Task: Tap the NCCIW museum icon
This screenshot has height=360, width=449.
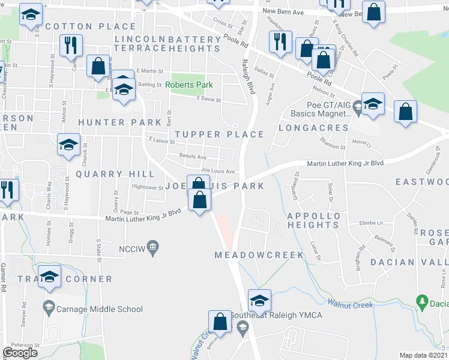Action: pos(154,247)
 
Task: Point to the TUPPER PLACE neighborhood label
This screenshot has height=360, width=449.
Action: pos(219,134)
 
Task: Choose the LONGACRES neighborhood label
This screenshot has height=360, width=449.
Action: pos(313,128)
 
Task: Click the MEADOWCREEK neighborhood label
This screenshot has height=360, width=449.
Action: pos(259,255)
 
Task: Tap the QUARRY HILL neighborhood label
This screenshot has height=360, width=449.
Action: pos(110,174)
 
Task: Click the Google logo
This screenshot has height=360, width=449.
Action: pos(20,353)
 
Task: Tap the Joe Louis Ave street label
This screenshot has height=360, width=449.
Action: pos(218,171)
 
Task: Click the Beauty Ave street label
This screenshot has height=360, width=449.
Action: pos(193,156)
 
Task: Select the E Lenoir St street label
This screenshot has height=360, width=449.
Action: pos(161,142)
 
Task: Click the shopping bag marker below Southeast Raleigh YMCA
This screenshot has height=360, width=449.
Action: pos(220,322)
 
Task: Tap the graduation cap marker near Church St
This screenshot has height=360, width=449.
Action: pos(69,145)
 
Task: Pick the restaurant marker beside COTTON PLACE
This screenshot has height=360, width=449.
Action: pos(71,45)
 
